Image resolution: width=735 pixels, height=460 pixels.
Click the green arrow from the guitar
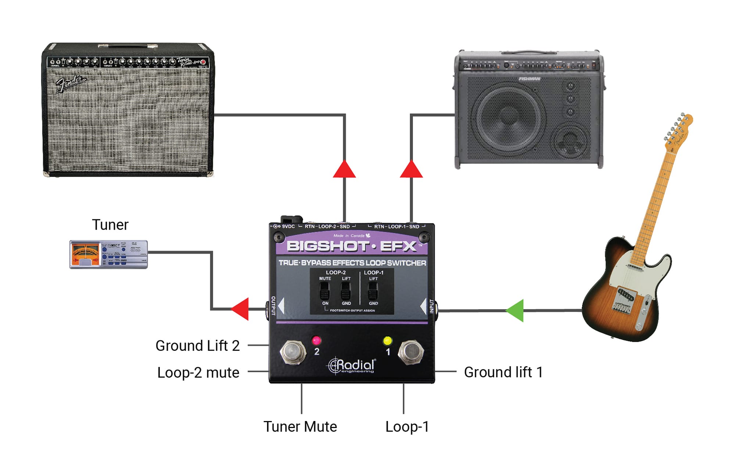coord(516,311)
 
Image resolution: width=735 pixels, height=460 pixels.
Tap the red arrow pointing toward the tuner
coord(241,309)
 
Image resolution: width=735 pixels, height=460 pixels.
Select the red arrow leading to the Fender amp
coord(344,170)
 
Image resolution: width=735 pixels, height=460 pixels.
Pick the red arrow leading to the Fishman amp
coord(411,170)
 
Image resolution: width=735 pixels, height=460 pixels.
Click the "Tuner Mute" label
coord(300,427)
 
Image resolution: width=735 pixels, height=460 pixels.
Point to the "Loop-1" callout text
coord(407,427)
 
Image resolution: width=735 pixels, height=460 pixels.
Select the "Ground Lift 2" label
coord(197,346)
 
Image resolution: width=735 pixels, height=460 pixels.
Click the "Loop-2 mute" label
coord(198,372)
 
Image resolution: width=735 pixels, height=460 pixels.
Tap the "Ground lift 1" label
coord(503,372)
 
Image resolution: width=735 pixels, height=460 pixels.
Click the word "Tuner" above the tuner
coord(110,224)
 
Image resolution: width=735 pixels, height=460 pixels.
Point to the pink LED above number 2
coord(316,340)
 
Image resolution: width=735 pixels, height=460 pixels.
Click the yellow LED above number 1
coord(387,340)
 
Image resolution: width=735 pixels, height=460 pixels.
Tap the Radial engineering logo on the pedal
coord(352,365)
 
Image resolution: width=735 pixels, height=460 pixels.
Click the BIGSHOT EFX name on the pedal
coord(352,246)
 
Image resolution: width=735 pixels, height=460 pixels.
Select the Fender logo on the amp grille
coord(71,83)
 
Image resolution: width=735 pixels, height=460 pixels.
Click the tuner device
coord(109,254)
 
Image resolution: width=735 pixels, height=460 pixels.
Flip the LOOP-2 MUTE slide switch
coord(325,293)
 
